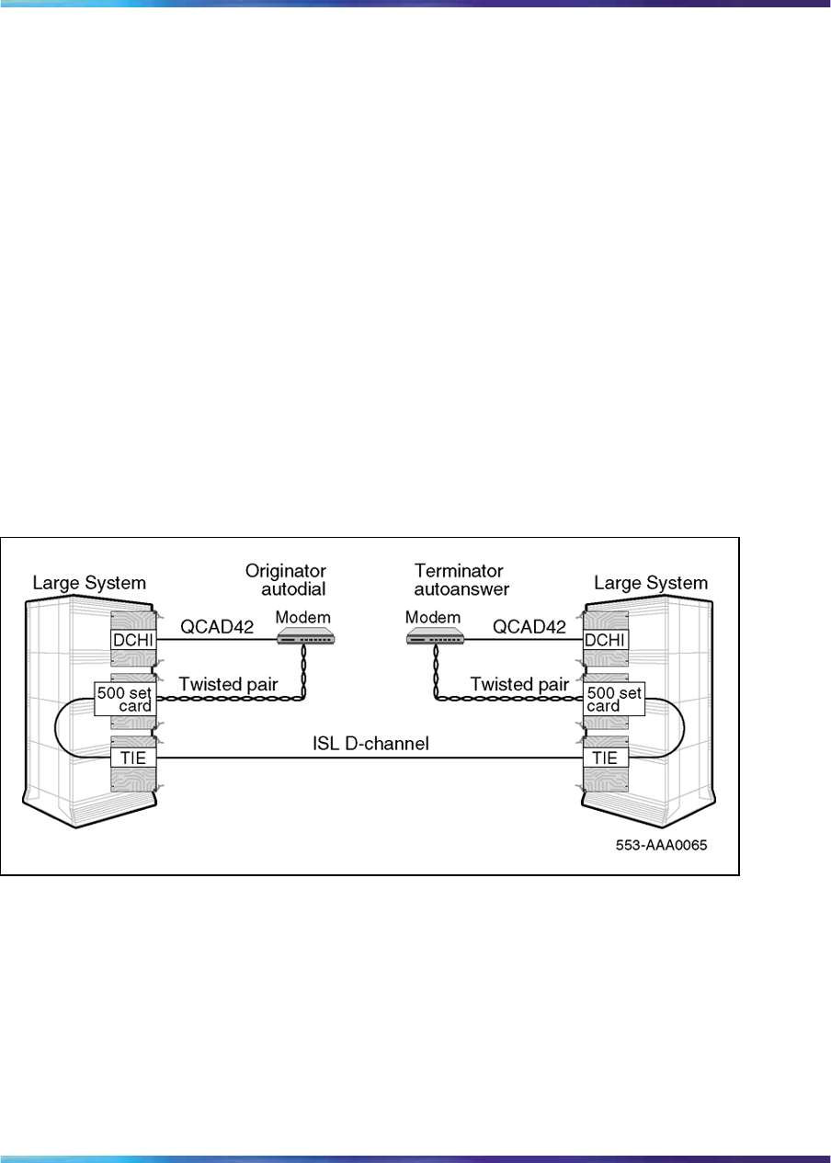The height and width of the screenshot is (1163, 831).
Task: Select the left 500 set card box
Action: [124, 699]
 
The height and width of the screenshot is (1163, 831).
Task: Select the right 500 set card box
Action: [613, 699]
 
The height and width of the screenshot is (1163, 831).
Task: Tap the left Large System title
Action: [90, 582]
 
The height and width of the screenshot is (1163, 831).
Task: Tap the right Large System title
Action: [651, 582]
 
